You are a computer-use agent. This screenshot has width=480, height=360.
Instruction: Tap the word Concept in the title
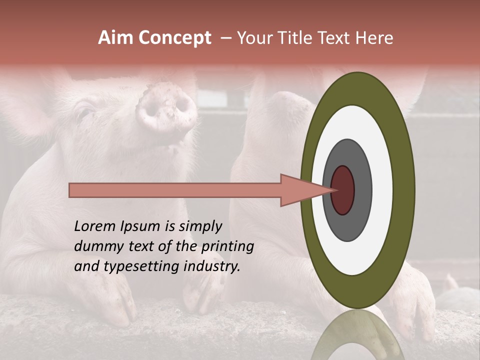[174, 38]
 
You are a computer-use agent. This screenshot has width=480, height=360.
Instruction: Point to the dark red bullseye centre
[342, 190]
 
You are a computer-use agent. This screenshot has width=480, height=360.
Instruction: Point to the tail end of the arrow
[72, 190]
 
